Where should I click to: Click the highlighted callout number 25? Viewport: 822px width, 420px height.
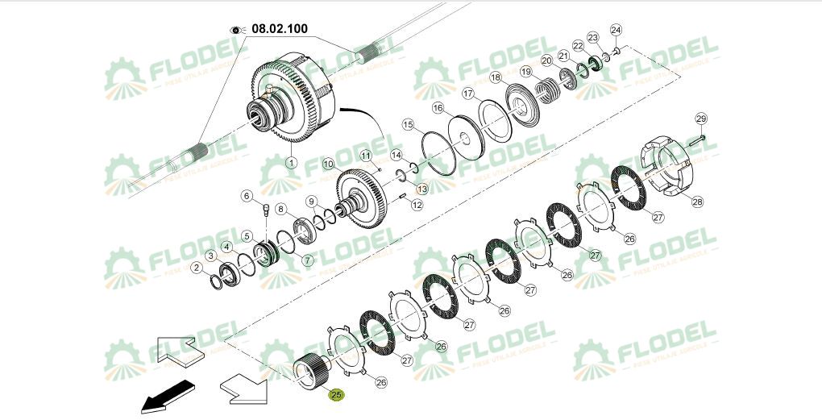(x=336, y=395)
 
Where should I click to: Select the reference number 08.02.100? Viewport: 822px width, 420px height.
(x=280, y=29)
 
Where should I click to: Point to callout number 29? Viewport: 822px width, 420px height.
(x=700, y=119)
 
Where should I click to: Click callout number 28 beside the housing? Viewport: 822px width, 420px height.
(x=696, y=202)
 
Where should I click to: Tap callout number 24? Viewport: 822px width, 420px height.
(x=616, y=31)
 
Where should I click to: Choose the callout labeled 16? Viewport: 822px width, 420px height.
(x=438, y=107)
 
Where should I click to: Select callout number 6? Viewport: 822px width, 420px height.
(x=247, y=194)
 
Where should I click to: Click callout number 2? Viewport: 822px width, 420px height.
(x=196, y=267)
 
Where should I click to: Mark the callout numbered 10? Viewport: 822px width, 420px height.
(x=328, y=164)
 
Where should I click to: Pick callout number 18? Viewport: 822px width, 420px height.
(x=496, y=77)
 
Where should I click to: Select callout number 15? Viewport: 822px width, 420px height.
(x=409, y=124)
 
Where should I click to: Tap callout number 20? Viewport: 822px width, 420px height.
(x=546, y=60)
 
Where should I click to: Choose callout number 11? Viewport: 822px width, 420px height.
(x=365, y=155)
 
